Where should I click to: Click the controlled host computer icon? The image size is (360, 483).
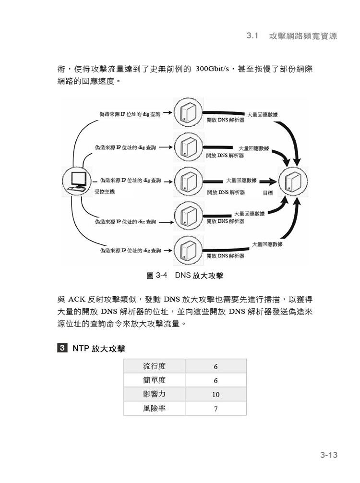pyautogui.click(x=77, y=181)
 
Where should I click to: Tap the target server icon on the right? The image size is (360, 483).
pyautogui.click(x=293, y=181)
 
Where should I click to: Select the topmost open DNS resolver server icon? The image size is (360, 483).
pyautogui.click(x=188, y=112)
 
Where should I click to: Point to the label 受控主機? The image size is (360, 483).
pyautogui.click(x=104, y=192)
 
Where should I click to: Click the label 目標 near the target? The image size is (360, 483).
pyautogui.click(x=268, y=193)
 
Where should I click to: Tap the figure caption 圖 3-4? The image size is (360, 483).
pyautogui.click(x=157, y=275)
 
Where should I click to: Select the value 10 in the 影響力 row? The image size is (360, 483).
pyautogui.click(x=216, y=395)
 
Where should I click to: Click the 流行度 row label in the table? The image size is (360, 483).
pyautogui.click(x=154, y=366)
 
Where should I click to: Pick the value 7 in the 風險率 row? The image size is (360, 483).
pyautogui.click(x=216, y=409)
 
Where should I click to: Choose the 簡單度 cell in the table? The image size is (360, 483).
pyautogui.click(x=154, y=380)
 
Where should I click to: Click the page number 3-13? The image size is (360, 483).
pyautogui.click(x=329, y=455)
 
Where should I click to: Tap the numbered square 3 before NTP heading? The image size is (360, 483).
pyautogui.click(x=62, y=348)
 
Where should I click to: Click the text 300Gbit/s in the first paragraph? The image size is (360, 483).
pyautogui.click(x=212, y=69)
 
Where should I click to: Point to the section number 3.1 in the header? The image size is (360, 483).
pyautogui.click(x=252, y=36)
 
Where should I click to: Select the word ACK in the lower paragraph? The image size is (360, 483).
pyautogui.click(x=76, y=300)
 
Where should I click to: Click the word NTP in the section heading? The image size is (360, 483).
pyautogui.click(x=81, y=349)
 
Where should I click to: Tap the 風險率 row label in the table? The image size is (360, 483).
pyautogui.click(x=154, y=409)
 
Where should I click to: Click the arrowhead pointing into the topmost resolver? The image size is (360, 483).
pyautogui.click(x=170, y=113)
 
